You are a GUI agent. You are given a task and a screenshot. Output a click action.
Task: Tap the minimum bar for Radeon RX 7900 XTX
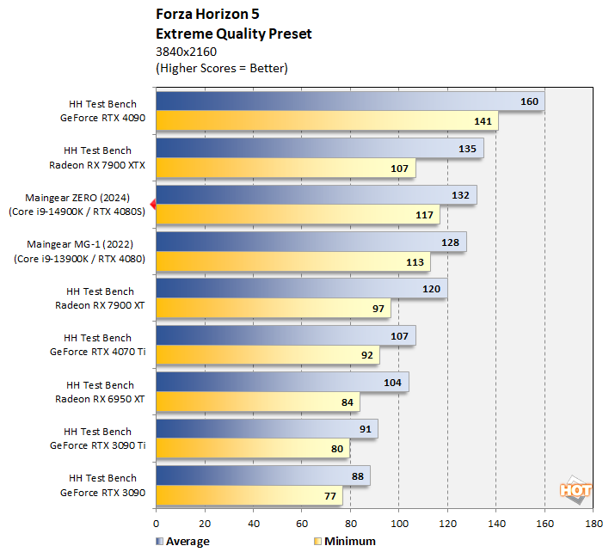(285, 169)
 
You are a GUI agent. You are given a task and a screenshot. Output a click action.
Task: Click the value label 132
(460, 195)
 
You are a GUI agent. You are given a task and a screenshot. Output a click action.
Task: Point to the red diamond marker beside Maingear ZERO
(152, 205)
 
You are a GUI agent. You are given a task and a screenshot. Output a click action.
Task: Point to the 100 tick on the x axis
(398, 522)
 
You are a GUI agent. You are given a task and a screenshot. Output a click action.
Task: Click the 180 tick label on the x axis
(593, 522)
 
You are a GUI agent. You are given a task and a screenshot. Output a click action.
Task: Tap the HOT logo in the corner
(575, 490)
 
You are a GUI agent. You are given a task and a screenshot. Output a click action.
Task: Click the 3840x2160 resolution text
(186, 52)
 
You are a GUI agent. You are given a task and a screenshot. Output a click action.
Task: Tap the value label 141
(483, 121)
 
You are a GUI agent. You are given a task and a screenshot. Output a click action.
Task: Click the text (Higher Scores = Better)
(221, 68)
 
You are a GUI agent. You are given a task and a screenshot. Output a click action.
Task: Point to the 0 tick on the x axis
(156, 522)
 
